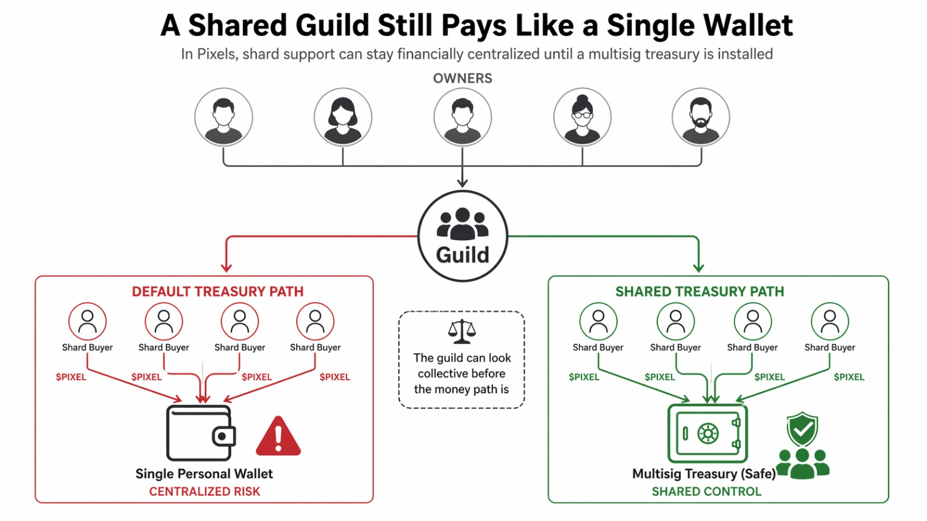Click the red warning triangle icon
tap(278, 437)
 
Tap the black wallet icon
tap(200, 433)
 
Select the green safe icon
tap(707, 433)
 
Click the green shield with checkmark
tap(802, 429)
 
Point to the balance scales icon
tap(462, 332)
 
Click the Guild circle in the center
tap(462, 236)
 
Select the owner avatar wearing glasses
tap(582, 117)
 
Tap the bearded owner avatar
tap(701, 117)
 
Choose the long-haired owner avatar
tap(343, 117)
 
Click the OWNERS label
tap(462, 78)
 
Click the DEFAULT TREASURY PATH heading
tap(217, 291)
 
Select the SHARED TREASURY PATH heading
tap(699, 291)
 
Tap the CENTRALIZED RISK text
tap(205, 491)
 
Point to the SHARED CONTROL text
tap(706, 491)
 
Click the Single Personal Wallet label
tap(204, 474)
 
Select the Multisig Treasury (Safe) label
tap(703, 474)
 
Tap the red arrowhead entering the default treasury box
tap(227, 267)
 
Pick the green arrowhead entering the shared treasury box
tap(699, 267)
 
